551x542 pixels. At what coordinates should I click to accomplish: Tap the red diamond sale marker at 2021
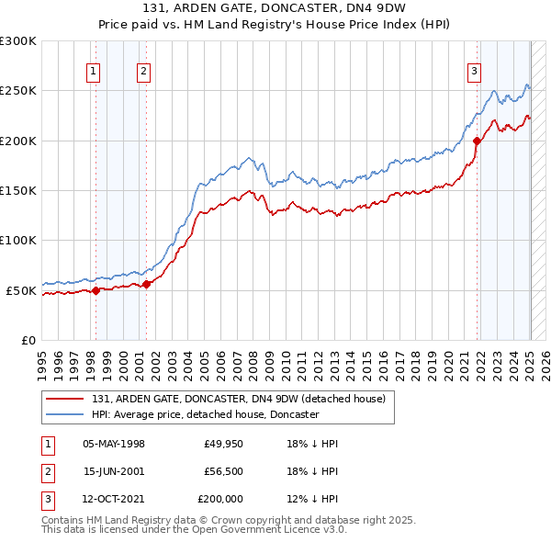point(478,141)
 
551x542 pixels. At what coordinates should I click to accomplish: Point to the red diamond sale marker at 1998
point(96,290)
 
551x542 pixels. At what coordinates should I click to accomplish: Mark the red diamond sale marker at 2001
point(146,284)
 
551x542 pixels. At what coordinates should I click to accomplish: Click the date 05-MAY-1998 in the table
point(114,444)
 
